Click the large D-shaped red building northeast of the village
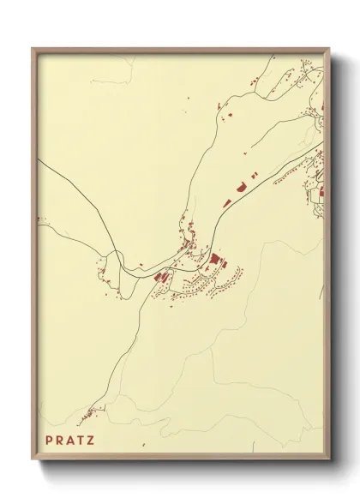click(242, 184)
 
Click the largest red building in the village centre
click(213, 258)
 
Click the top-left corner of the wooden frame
click(33, 49)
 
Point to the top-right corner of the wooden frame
click(330, 49)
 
